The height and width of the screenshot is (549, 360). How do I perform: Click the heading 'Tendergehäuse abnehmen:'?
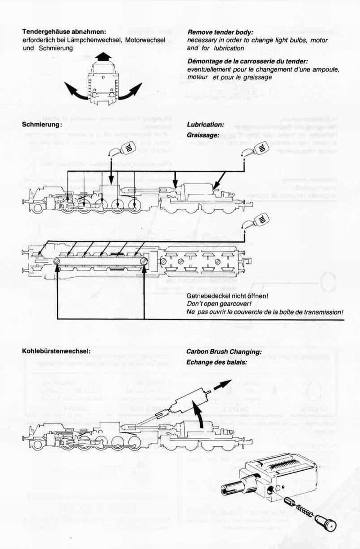(x=64, y=32)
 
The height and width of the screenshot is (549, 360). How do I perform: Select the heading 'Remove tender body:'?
(x=220, y=32)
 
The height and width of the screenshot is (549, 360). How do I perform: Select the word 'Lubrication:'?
(x=205, y=125)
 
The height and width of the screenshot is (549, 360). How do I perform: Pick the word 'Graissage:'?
(x=203, y=135)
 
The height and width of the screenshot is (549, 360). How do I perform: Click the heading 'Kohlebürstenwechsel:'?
(x=56, y=351)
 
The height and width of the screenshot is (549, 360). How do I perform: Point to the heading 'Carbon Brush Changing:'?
(x=224, y=351)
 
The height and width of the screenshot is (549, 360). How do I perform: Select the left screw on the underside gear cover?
(x=57, y=261)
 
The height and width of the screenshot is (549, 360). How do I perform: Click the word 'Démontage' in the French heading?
(x=204, y=61)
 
